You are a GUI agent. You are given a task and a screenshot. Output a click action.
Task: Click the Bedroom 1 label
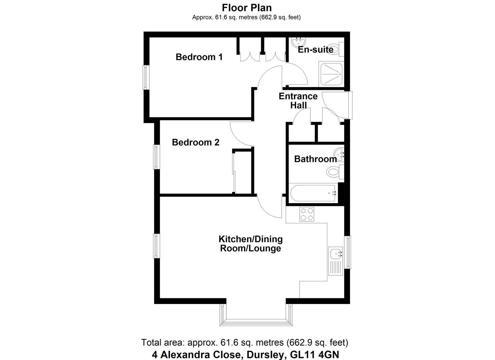[x=199, y=57]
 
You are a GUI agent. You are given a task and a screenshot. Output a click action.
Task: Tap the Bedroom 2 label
[x=196, y=142]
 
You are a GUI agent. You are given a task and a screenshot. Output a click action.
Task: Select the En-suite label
[x=315, y=50]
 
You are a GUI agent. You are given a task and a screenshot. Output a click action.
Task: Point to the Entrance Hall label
[x=298, y=101]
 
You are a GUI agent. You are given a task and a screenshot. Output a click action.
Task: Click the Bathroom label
[x=315, y=159]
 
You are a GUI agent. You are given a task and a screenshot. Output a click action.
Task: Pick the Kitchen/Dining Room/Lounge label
[x=250, y=244]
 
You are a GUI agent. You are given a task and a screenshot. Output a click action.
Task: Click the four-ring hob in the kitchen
[x=307, y=214]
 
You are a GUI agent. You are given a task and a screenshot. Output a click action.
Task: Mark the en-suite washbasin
[x=298, y=42]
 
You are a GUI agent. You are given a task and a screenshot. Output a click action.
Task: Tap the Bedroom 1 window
[x=146, y=77]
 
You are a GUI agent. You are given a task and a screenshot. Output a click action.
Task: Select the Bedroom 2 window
[x=156, y=156]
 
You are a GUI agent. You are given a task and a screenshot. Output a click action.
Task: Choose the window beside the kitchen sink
[x=348, y=252]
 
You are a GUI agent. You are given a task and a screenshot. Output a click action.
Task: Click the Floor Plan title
[x=247, y=7]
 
